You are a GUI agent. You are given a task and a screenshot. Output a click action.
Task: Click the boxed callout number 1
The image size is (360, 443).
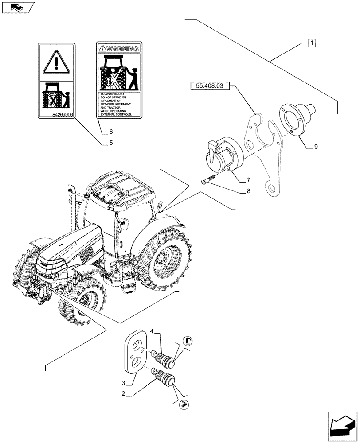coord(312,43)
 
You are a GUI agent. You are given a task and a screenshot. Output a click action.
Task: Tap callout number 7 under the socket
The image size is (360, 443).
coord(248,180)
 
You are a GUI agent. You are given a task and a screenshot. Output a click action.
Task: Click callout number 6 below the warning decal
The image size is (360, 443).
coord(110,132)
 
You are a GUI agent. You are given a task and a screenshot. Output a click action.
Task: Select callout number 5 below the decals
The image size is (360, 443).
coord(110,143)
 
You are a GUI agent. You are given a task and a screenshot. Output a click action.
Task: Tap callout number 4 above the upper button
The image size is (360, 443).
coord(152,331)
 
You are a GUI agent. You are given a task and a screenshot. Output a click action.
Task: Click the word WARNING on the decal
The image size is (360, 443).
coord(122,48)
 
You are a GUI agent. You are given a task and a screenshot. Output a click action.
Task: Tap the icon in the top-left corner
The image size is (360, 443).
coord(17,7)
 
